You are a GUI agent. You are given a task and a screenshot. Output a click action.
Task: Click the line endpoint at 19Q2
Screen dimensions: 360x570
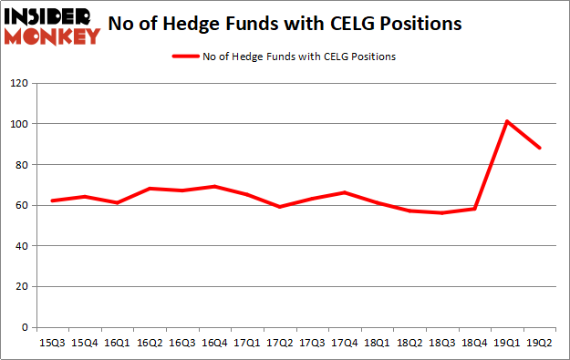tap(541, 148)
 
